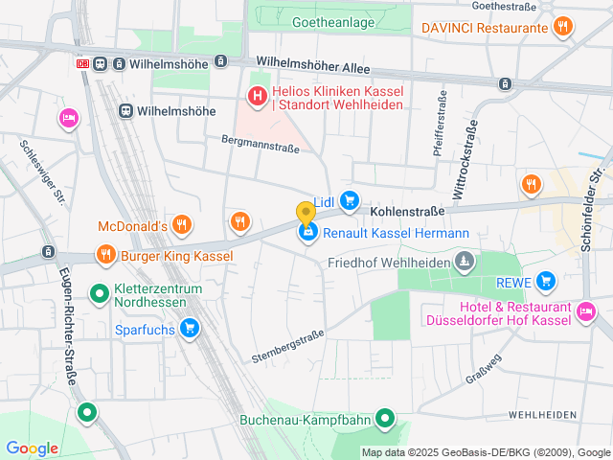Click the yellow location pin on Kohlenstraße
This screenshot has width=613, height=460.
pos(306,213)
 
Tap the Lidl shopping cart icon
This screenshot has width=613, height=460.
pos(351,200)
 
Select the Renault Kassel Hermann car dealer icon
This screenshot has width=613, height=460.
pos(307,233)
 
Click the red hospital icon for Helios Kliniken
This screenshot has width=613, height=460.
pos(257,96)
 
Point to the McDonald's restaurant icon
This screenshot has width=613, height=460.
pos(182,226)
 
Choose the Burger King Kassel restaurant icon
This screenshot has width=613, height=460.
pos(104,255)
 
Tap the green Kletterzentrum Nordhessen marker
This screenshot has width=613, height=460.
pos(99,293)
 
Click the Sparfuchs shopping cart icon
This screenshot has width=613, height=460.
pos(190,329)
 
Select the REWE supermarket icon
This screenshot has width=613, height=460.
pos(546,281)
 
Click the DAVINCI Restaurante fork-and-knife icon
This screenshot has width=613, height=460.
pos(565,27)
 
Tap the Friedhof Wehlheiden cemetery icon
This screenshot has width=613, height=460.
pos(464,262)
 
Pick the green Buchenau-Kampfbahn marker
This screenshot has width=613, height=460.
pos(385,418)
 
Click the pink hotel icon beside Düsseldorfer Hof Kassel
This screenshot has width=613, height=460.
pos(586,310)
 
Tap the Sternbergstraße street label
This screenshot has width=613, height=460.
pos(287,345)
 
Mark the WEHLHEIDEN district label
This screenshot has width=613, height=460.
pos(543,414)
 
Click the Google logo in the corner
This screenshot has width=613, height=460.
pos(32,448)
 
